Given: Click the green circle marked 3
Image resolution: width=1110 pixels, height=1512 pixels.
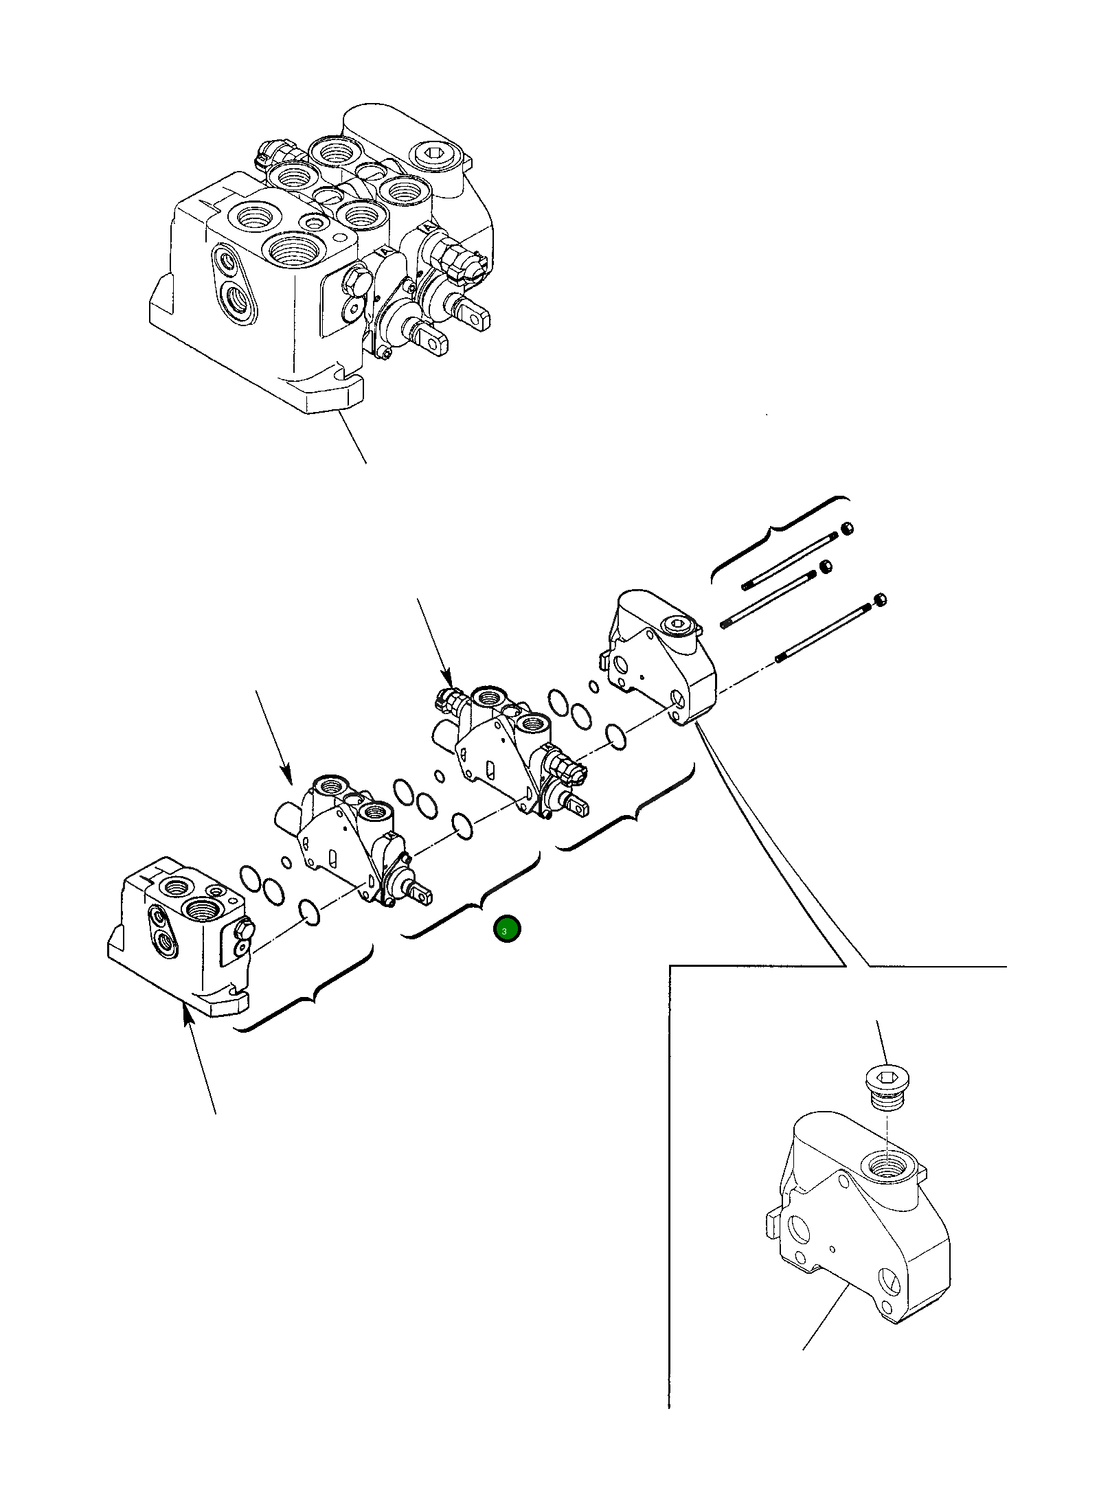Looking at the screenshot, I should pyautogui.click(x=507, y=929).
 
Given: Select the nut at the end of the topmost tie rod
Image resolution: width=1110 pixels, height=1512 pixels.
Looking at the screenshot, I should pyautogui.click(x=847, y=528).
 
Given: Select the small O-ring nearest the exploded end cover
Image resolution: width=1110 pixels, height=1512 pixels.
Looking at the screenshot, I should pyautogui.click(x=593, y=685).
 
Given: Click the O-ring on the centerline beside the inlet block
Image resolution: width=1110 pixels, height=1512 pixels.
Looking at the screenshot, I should pyautogui.click(x=310, y=914).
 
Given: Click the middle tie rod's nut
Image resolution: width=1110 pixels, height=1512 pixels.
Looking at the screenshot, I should pyautogui.click(x=826, y=566).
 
